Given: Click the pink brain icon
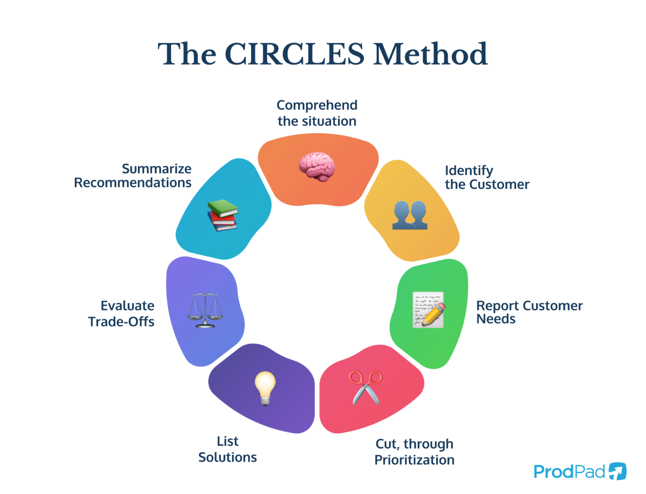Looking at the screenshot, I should [x=317, y=167].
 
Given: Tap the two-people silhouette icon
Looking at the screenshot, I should [x=410, y=215].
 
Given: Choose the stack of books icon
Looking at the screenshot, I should [x=223, y=215].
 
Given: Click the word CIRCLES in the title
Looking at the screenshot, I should [x=294, y=54].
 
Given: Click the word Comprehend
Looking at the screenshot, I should [x=317, y=105].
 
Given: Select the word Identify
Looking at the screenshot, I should [x=469, y=170].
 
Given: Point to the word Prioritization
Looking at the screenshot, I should [x=414, y=460].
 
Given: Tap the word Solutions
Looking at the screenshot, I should [x=228, y=457].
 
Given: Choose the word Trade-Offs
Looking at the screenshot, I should [x=121, y=322].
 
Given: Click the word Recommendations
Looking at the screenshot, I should [x=132, y=183].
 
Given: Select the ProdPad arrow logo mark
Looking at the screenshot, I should [x=617, y=471].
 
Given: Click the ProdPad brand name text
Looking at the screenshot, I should [x=569, y=472].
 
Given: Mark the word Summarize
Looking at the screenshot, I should [x=156, y=169].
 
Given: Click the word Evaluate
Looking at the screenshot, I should [x=127, y=306].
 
